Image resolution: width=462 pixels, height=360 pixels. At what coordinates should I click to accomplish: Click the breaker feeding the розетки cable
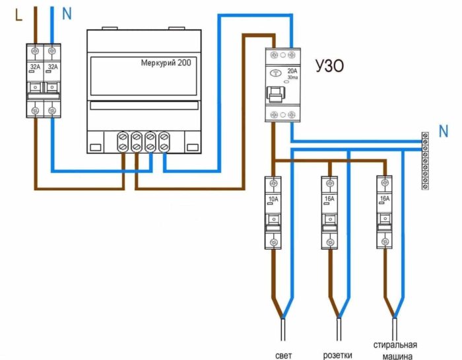(328, 211)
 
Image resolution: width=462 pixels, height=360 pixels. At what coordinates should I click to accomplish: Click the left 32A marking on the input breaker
(35, 66)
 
